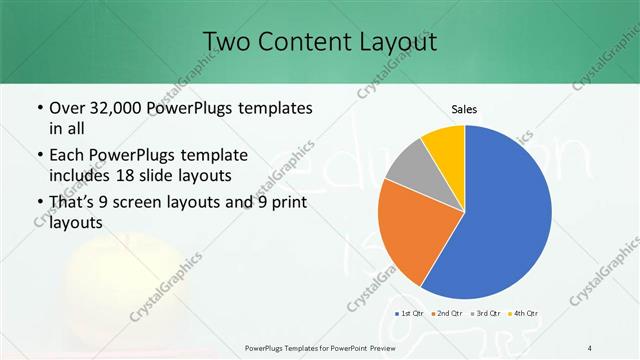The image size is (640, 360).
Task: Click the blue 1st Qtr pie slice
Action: pyautogui.click(x=505, y=210)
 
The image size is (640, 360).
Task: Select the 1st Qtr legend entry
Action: pyautogui.click(x=411, y=314)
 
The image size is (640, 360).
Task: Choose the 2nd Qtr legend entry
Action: pyautogui.click(x=446, y=314)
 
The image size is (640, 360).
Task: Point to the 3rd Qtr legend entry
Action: pyautogui.click(x=485, y=314)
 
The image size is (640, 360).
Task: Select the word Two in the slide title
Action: pyautogui.click(x=225, y=42)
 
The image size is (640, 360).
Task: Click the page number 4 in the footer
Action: pyautogui.click(x=590, y=348)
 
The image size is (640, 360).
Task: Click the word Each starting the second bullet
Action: pyautogui.click(x=66, y=155)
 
